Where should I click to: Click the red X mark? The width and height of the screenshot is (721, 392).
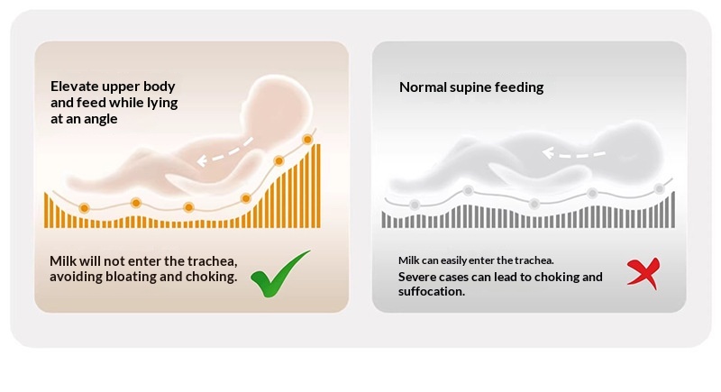pos(644,273)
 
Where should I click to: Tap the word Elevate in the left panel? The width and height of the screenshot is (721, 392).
pos(75,87)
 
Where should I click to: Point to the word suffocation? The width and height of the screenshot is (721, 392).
pos(432,291)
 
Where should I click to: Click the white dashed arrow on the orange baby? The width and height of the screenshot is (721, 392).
pos(224,150)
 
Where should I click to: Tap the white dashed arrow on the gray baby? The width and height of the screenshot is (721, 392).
pos(573,154)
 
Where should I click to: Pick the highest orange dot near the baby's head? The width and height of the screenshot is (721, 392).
pos(307,140)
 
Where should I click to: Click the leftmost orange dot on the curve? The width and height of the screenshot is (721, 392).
pos(84,208)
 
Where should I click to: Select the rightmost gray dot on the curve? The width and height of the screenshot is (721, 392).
pos(660,188)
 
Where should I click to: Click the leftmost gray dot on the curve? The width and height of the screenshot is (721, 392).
pos(415,205)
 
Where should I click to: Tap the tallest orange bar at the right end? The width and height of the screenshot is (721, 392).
pos(318,186)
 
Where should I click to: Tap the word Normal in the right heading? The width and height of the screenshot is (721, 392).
pos(416,87)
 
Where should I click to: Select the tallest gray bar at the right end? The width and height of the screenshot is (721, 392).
pos(673,210)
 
